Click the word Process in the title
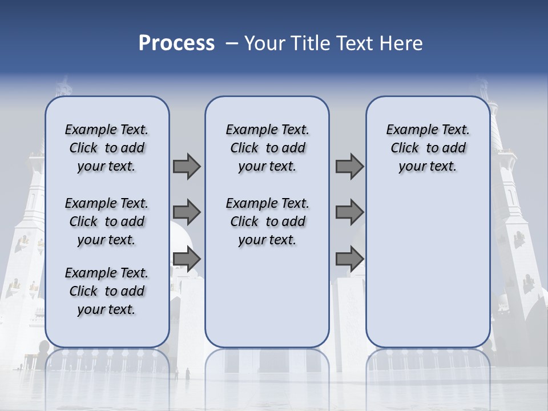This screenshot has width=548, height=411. click(176, 43)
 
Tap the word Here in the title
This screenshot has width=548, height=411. click(402, 43)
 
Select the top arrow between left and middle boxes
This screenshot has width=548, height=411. click(187, 166)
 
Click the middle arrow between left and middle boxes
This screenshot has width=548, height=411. click(187, 212)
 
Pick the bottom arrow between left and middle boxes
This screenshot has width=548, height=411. click(187, 259)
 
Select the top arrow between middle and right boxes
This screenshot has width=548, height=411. click(349, 166)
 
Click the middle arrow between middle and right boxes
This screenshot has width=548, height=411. click(349, 212)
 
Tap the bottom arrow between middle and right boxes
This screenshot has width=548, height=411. click(349, 259)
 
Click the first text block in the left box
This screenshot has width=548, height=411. click(107, 148)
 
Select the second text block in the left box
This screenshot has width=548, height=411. click(107, 221)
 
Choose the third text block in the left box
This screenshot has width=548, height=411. click(107, 291)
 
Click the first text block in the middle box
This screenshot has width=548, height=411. click(267, 148)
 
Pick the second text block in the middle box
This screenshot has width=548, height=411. click(267, 221)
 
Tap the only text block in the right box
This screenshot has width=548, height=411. click(428, 148)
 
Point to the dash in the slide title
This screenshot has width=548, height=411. click(232, 43)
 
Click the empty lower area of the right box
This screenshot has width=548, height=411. click(428, 268)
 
